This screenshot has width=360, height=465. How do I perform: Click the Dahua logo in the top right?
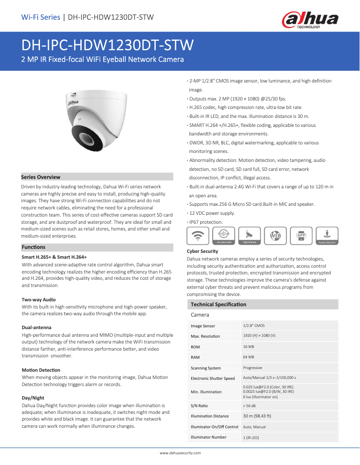(309, 20)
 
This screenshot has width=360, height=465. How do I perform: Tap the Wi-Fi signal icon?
(198, 235)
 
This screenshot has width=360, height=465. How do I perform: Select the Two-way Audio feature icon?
(224, 235)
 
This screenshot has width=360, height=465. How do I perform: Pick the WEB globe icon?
(275, 235)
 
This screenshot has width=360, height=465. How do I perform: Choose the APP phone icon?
(301, 235)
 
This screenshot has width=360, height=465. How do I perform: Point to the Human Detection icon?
(327, 235)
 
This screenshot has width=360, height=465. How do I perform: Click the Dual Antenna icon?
(250, 235)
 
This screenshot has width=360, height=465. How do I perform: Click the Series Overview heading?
(41, 177)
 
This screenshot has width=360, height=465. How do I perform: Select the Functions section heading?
(34, 247)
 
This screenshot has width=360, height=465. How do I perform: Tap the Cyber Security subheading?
(202, 251)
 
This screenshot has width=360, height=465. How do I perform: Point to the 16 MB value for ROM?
(249, 347)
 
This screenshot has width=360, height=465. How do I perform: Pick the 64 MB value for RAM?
(249, 357)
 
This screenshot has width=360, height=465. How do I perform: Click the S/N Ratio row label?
(199, 406)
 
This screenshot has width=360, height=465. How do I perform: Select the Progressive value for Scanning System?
(253, 368)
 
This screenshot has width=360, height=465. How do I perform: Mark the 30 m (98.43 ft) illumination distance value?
(257, 416)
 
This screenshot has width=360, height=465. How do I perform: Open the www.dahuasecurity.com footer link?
(180, 453)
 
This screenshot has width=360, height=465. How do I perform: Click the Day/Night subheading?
(33, 398)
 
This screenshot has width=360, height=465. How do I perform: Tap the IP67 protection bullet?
(206, 222)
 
